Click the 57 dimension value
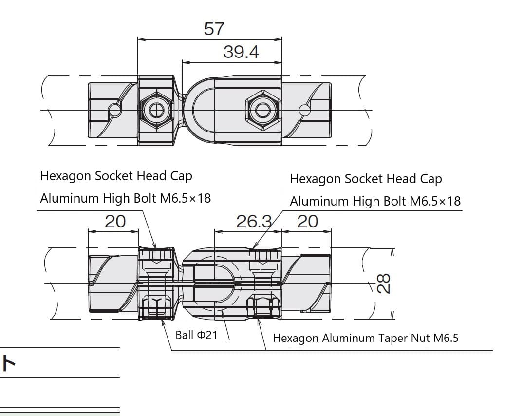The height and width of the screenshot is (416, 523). [x=214, y=29]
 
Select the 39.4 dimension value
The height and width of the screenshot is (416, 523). [x=241, y=52]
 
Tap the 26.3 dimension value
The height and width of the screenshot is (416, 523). [x=254, y=222]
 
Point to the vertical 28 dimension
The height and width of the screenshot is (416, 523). [x=384, y=284]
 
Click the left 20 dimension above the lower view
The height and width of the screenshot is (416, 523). [x=115, y=222]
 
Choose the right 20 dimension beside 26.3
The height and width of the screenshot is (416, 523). [x=307, y=222]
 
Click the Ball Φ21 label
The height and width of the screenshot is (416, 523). [x=196, y=335]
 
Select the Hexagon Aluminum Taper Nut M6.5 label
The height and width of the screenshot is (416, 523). [x=366, y=338]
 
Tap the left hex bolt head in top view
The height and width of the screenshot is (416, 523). [x=156, y=110]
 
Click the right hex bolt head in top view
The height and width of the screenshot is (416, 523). [x=262, y=110]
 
